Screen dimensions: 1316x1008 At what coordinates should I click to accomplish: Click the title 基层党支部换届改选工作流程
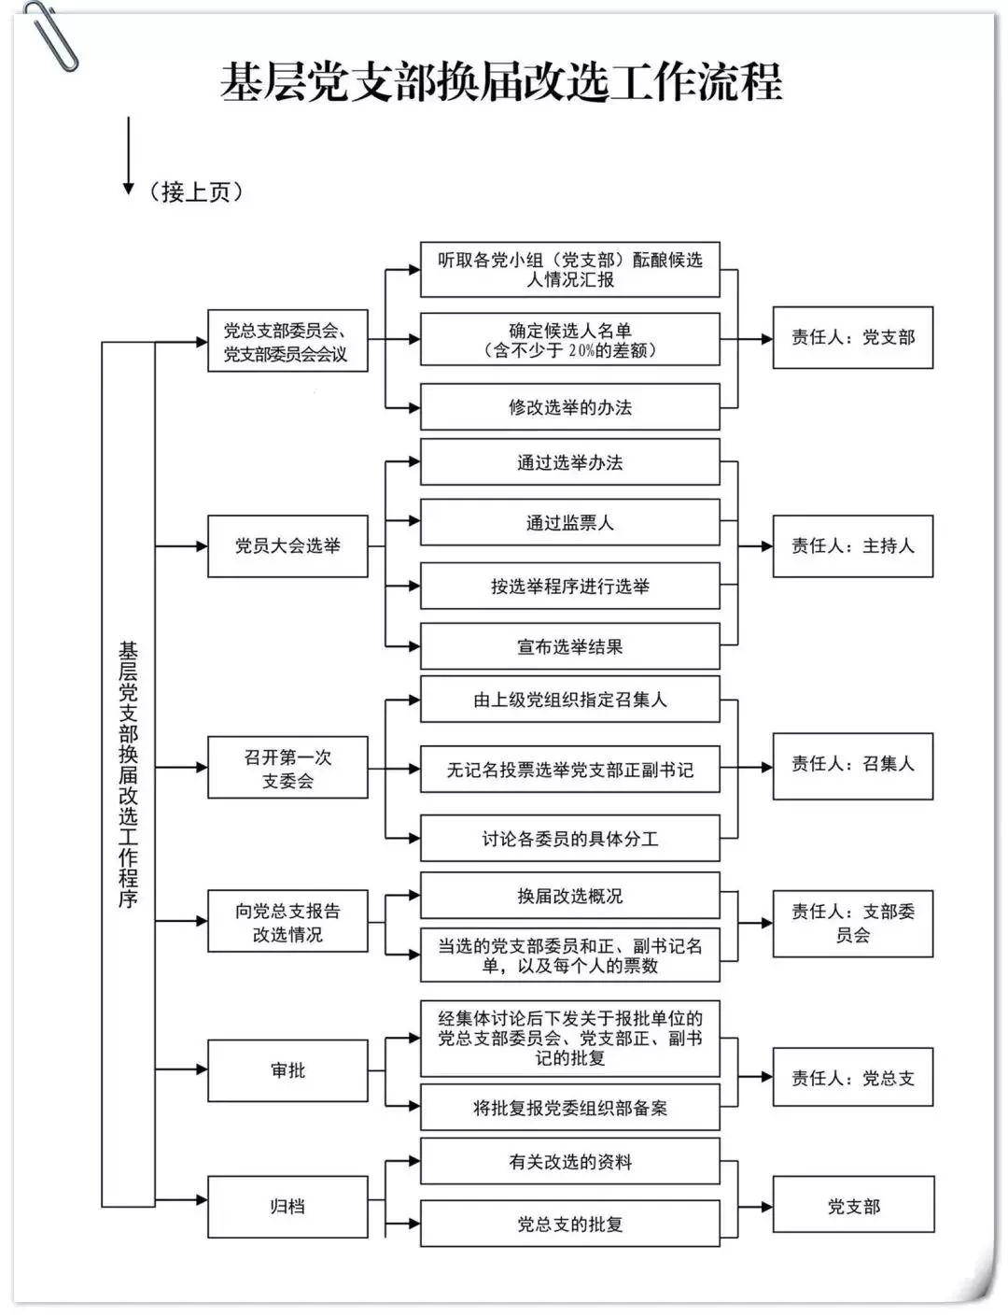pos(501,82)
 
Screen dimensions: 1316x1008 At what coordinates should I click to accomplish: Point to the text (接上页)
pos(195,191)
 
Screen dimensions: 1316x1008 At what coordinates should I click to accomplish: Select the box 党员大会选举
pos(287,546)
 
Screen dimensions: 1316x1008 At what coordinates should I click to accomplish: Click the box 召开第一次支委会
pos(287,768)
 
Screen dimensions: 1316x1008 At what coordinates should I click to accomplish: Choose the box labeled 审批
pos(287,1070)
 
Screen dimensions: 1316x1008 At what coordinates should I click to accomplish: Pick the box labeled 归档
pos(287,1207)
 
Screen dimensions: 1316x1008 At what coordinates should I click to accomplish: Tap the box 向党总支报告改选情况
pos(287,922)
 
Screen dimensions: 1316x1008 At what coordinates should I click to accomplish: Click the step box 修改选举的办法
pos(569,407)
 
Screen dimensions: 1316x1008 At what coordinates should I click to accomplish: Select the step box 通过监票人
pos(569,523)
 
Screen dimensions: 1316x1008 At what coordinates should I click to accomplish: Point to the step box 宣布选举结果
pos(569,646)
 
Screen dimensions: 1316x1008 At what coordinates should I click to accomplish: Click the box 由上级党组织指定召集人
pos(569,700)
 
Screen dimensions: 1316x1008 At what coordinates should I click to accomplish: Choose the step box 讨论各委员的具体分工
pos(569,839)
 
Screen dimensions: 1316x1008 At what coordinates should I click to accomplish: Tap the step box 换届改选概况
pos(569,896)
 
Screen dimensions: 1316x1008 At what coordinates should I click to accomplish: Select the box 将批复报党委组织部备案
pos(569,1109)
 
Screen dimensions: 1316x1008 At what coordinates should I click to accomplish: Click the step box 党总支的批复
pos(569,1224)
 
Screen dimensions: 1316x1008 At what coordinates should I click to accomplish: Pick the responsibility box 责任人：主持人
pos(852,546)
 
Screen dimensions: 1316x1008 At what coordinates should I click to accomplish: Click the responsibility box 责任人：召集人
pos(852,765)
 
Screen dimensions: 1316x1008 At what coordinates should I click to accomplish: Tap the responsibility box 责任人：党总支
pos(852,1078)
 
